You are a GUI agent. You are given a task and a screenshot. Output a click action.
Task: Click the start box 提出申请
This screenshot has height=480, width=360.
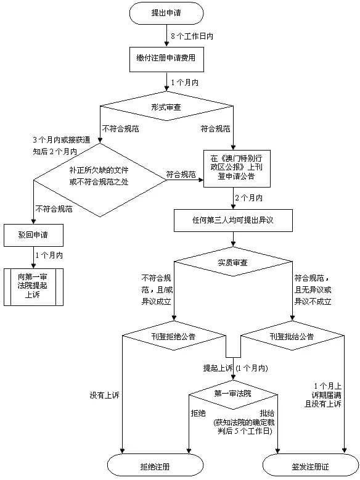tap(166, 12)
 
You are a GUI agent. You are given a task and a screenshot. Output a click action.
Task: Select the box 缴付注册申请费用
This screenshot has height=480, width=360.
tap(166, 57)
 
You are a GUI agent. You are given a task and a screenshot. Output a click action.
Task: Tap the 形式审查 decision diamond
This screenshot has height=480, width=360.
tap(166, 107)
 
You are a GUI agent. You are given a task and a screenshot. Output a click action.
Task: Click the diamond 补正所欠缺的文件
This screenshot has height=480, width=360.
tap(99, 175)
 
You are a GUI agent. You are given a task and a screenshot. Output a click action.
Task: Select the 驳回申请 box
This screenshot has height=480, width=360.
tap(33, 234)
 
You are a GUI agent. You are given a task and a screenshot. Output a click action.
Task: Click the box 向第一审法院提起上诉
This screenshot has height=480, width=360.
tap(33, 286)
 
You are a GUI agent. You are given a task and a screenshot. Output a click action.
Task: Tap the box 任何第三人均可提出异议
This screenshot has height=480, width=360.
tap(233, 219)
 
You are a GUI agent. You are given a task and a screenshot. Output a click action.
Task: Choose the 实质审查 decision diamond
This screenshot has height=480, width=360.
tap(233, 263)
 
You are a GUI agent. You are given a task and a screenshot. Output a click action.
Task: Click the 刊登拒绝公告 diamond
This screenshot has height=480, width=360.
tap(173, 337)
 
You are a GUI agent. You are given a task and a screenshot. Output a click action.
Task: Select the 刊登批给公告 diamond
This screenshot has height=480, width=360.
tap(291, 337)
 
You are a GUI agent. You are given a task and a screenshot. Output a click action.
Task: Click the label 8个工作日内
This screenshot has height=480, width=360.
tap(192, 36)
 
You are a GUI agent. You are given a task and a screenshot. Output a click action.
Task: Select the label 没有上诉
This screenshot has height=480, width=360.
tap(103, 394)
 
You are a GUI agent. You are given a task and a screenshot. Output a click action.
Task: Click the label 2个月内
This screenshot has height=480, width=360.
tap(248, 198)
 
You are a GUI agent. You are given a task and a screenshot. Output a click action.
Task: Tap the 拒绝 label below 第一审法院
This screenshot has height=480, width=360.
tap(198, 412)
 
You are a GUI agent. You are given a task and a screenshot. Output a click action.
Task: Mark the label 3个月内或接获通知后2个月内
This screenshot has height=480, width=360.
tap(56, 146)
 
